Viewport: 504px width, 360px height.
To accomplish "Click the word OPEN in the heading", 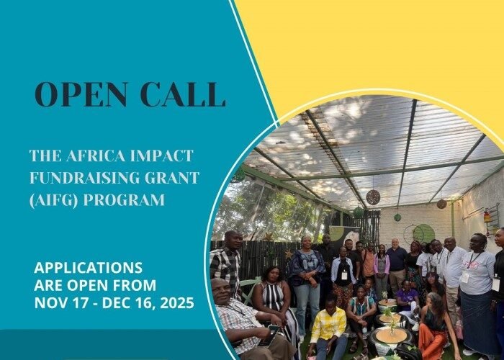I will [x=75, y=95].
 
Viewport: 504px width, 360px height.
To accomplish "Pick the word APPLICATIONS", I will [x=89, y=268].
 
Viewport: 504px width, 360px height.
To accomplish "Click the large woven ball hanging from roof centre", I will [x=373, y=197].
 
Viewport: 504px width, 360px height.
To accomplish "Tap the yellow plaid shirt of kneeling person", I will [x=328, y=325].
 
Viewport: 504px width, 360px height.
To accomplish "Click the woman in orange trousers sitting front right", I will [x=436, y=332].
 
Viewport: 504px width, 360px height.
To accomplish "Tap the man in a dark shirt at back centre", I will [x=397, y=259].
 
